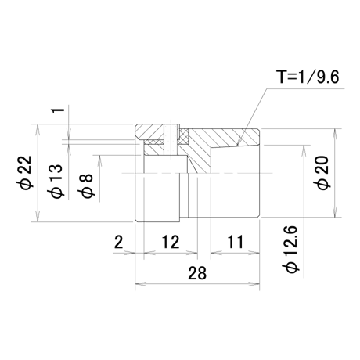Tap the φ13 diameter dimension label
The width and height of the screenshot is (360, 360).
click(x=56, y=182)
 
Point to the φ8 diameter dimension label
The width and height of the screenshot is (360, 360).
click(x=85, y=185)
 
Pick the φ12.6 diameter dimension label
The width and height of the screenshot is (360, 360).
click(x=292, y=249)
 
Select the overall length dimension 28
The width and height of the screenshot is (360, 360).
click(x=197, y=273)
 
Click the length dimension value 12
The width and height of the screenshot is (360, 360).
click(x=171, y=242)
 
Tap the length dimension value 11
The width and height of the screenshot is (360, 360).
click(x=236, y=242)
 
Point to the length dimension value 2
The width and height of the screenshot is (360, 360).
click(x=119, y=242)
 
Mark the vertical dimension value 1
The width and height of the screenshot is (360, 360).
click(x=59, y=110)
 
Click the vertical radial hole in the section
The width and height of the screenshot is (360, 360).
click(x=171, y=141)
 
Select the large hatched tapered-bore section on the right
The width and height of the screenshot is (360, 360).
click(x=221, y=146)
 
